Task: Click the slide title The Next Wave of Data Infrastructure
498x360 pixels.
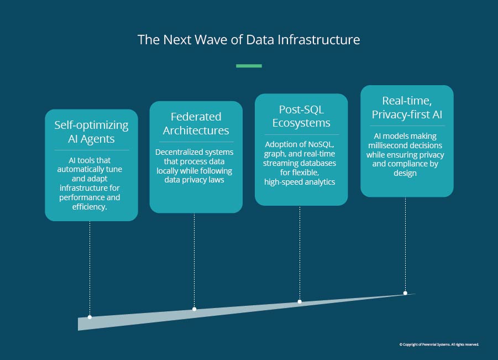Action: tap(249, 40)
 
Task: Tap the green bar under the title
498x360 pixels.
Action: tap(249, 66)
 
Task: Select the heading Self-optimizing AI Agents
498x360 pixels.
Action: tap(91, 132)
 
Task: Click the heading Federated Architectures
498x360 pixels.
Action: tap(196, 124)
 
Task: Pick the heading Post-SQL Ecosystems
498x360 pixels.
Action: tap(301, 116)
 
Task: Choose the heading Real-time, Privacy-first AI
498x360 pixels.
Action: tap(407, 107)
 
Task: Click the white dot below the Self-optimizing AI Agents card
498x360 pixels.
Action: tap(90, 317)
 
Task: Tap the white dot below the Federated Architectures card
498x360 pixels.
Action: tap(195, 309)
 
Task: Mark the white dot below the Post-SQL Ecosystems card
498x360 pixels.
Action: tap(300, 301)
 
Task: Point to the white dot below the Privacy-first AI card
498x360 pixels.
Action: tap(405, 293)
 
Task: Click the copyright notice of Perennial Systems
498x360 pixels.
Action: tap(439, 345)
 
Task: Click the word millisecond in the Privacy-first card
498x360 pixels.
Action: tap(387, 145)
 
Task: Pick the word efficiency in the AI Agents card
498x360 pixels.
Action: tap(90, 207)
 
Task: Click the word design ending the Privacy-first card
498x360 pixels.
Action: tap(405, 173)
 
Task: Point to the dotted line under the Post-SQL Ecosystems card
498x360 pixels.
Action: tap(300, 253)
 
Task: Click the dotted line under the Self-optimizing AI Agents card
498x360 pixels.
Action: tap(90, 268)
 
